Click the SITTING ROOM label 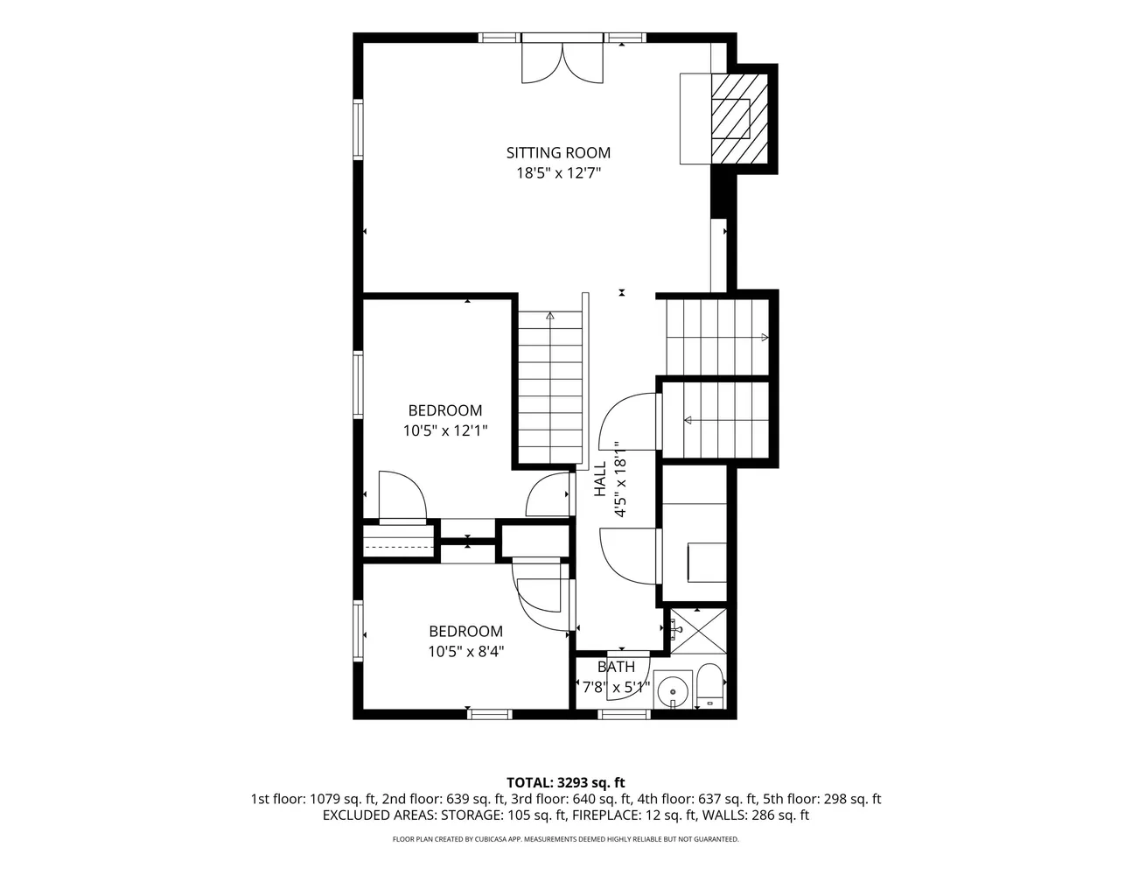tap(558, 152)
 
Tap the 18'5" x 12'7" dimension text tap(558, 173)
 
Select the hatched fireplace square tap(740, 119)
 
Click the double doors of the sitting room tap(563, 63)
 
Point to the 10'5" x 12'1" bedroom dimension tap(445, 430)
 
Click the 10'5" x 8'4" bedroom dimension tap(466, 652)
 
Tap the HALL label tap(600, 479)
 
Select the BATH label tap(616, 667)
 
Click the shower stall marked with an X tap(698, 631)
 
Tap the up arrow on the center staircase tap(550, 316)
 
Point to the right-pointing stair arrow tap(765, 338)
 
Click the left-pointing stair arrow tap(688, 420)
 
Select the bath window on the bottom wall tap(624, 714)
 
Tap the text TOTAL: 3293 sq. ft tap(566, 783)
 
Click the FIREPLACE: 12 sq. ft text tap(634, 815)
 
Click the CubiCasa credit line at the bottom tap(566, 839)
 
